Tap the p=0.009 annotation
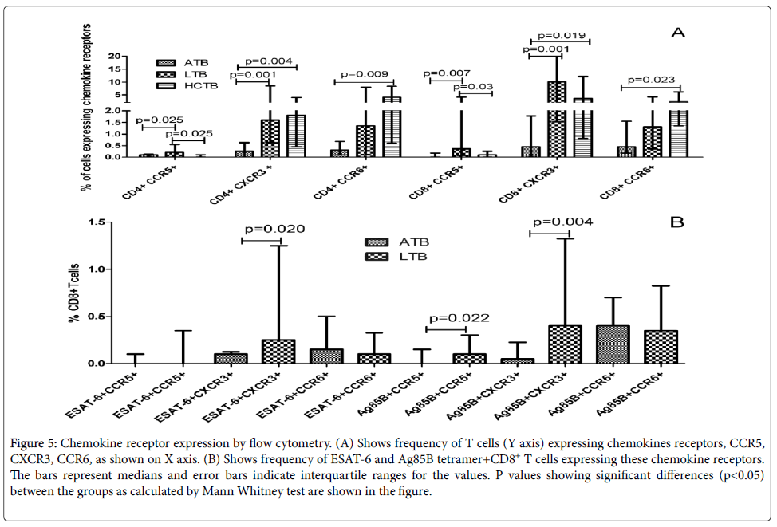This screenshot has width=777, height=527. point(365,73)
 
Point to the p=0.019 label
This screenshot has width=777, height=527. point(562,35)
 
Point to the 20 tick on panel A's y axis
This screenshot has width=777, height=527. point(113,57)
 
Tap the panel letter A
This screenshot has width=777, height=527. point(678,33)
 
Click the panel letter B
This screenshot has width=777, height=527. point(676,223)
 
